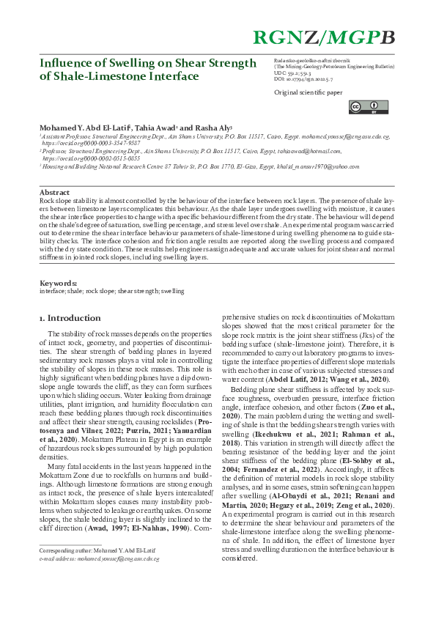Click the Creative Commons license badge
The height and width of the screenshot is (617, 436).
(x=357, y=107)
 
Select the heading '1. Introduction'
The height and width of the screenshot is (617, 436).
(x=69, y=318)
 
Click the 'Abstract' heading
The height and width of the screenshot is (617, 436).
(x=54, y=192)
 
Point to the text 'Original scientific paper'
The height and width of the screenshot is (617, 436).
(x=308, y=92)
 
